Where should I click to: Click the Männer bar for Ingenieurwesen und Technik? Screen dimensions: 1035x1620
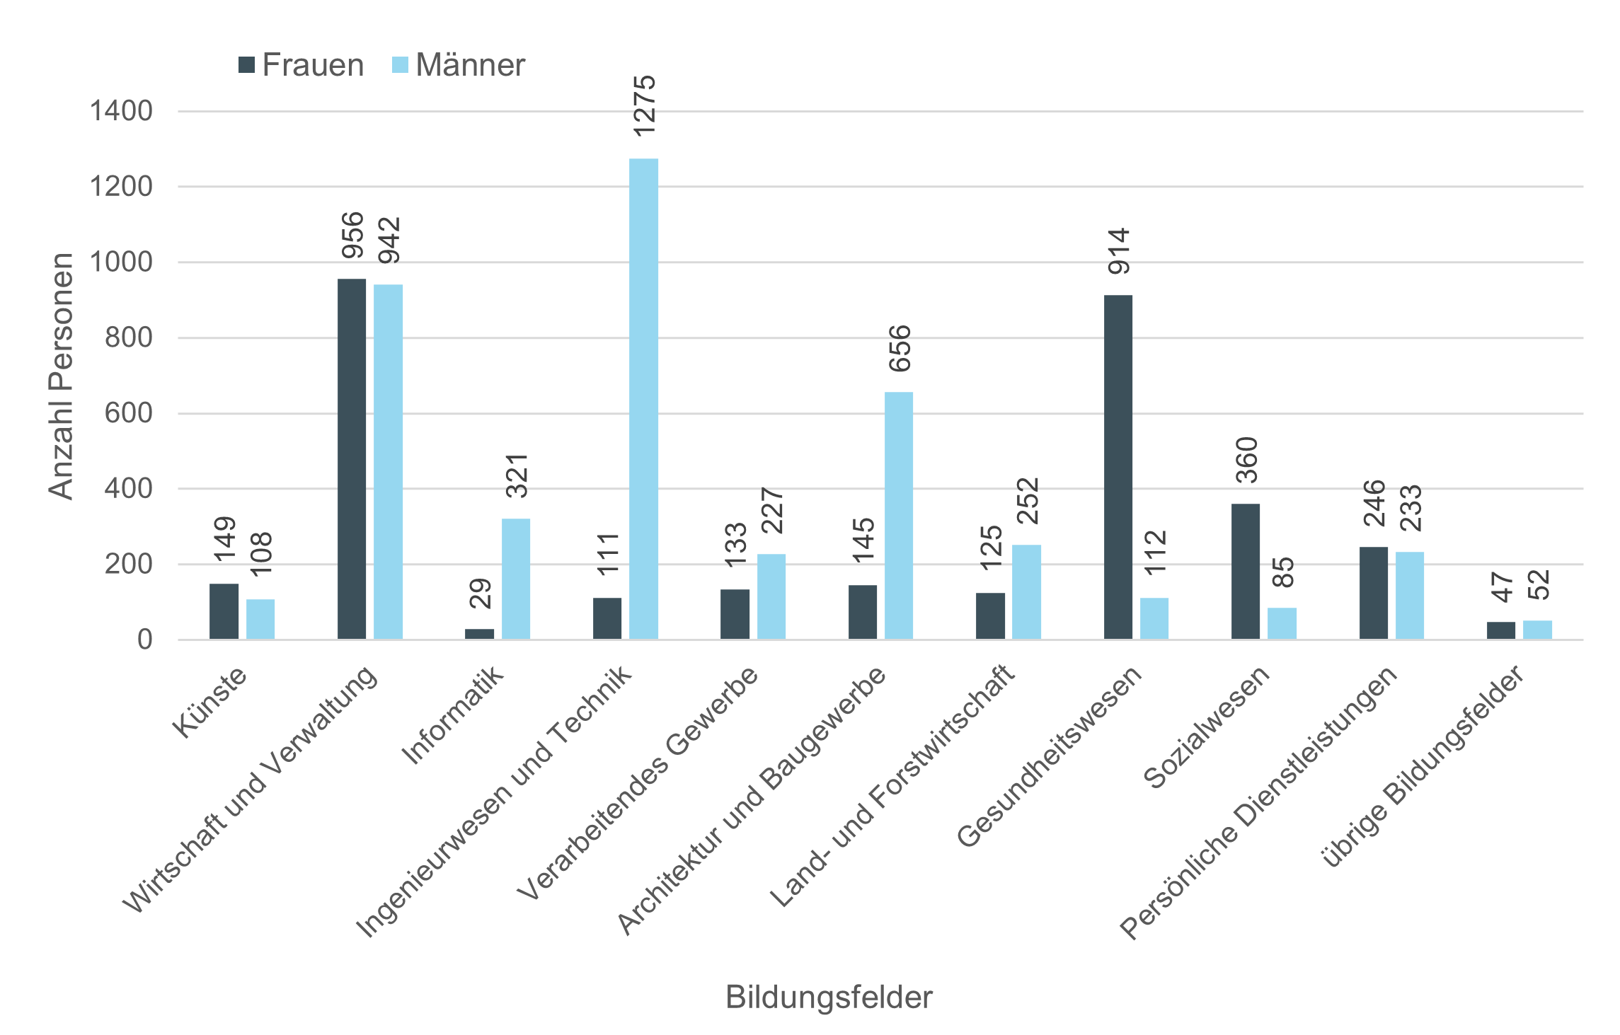[x=643, y=399]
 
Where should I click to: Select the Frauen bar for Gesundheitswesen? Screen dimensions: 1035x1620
[x=1118, y=467]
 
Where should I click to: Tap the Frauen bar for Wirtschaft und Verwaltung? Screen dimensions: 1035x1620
[x=352, y=459]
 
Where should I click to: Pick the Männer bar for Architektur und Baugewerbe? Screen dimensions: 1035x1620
[x=899, y=516]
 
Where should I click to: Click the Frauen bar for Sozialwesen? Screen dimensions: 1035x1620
[x=1246, y=572]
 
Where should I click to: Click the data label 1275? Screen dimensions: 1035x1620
[x=645, y=106]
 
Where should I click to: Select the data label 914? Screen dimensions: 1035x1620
[x=1120, y=251]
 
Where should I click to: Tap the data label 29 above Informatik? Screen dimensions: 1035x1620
[x=481, y=593]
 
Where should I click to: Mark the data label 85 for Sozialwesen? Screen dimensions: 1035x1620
[x=1283, y=572]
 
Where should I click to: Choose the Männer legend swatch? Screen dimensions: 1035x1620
[x=401, y=65]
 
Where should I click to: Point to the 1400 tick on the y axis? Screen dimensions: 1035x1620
[x=121, y=111]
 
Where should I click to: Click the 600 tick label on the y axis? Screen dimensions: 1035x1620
[x=128, y=413]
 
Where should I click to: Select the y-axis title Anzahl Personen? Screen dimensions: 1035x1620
[x=61, y=376]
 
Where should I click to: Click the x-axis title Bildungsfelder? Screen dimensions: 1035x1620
[x=829, y=997]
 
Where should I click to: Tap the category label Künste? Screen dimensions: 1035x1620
[x=210, y=702]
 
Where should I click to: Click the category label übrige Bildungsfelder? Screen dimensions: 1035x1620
[x=1423, y=765]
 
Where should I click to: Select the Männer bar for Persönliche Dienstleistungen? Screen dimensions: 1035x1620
[x=1410, y=595]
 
